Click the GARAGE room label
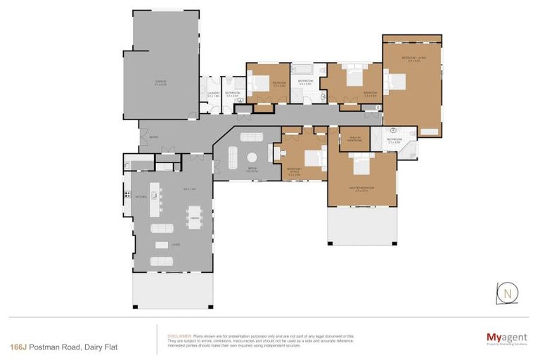[x=160, y=82]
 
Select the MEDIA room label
[x=240, y=168]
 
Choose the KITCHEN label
[x=139, y=197]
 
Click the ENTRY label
[x=153, y=137]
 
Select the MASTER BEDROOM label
[x=361, y=188]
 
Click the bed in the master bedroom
[x=361, y=167]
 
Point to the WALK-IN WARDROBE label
[x=354, y=139]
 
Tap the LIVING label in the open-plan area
[x=175, y=244]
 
